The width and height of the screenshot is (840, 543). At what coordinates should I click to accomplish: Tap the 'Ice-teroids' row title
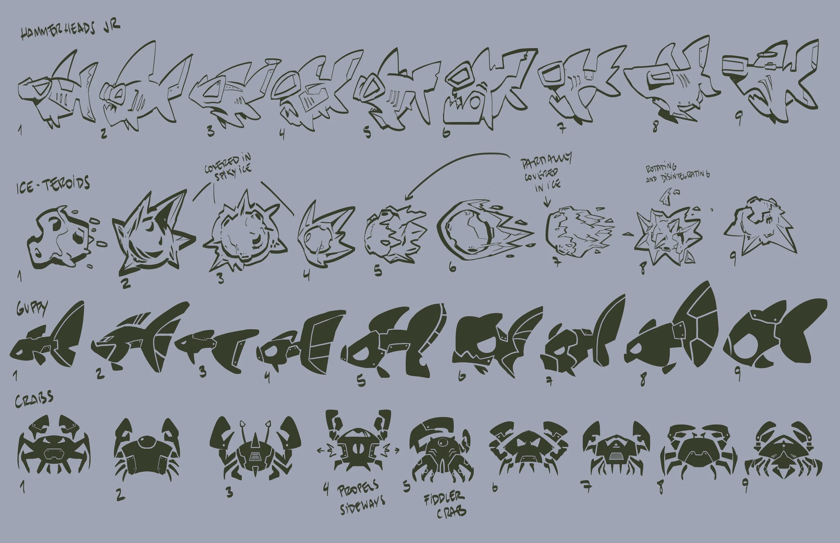53,185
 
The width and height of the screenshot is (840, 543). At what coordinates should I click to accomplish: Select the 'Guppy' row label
32,309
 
